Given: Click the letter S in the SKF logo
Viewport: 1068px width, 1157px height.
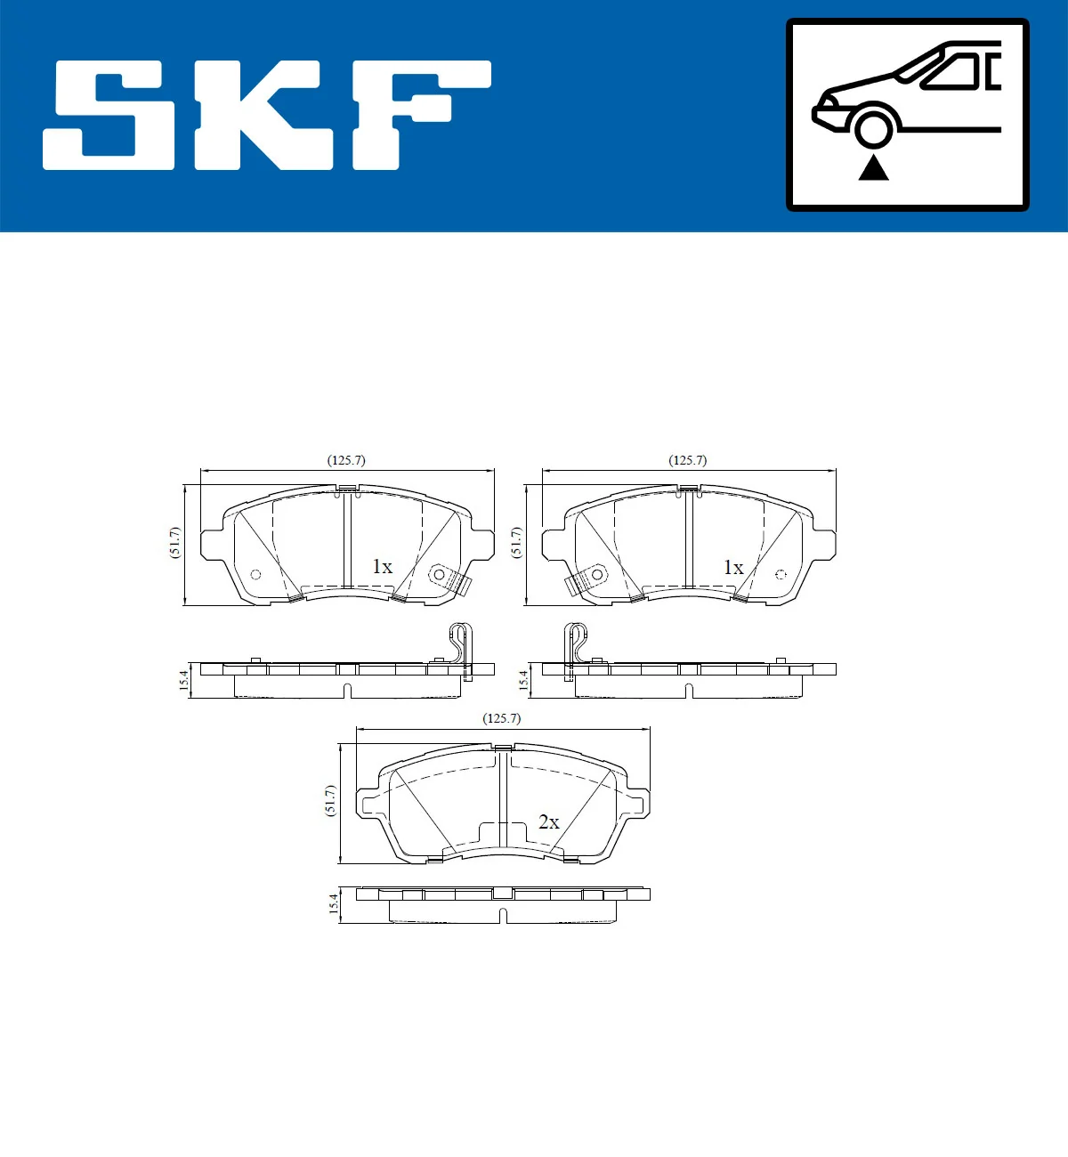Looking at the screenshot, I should click(x=109, y=115).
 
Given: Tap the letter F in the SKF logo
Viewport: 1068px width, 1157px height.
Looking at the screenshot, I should click(x=418, y=113).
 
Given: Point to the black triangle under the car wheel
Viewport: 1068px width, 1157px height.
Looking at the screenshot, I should click(x=873, y=167).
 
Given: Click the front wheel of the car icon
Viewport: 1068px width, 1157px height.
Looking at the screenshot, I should click(x=872, y=127).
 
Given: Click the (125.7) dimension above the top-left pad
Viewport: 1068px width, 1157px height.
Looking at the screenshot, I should click(x=346, y=460).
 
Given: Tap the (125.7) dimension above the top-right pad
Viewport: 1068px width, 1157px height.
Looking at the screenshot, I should click(x=688, y=460).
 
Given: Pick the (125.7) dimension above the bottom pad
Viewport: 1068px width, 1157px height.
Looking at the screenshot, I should click(x=501, y=717).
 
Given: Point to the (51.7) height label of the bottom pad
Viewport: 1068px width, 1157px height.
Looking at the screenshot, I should click(x=330, y=800).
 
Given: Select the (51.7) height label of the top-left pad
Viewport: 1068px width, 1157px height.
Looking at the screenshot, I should click(x=174, y=543).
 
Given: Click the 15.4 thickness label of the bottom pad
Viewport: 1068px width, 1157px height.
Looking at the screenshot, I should click(x=334, y=903).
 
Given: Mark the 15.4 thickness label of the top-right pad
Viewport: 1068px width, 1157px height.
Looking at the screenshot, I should click(x=523, y=681).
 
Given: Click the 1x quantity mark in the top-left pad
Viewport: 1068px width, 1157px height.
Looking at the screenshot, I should click(x=382, y=567).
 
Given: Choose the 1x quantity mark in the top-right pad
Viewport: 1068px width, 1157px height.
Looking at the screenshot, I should click(x=732, y=567).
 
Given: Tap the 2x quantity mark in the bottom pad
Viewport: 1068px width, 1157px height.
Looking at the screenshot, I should click(x=549, y=822).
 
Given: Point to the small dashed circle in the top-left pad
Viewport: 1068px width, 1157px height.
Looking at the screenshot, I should click(x=255, y=574).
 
